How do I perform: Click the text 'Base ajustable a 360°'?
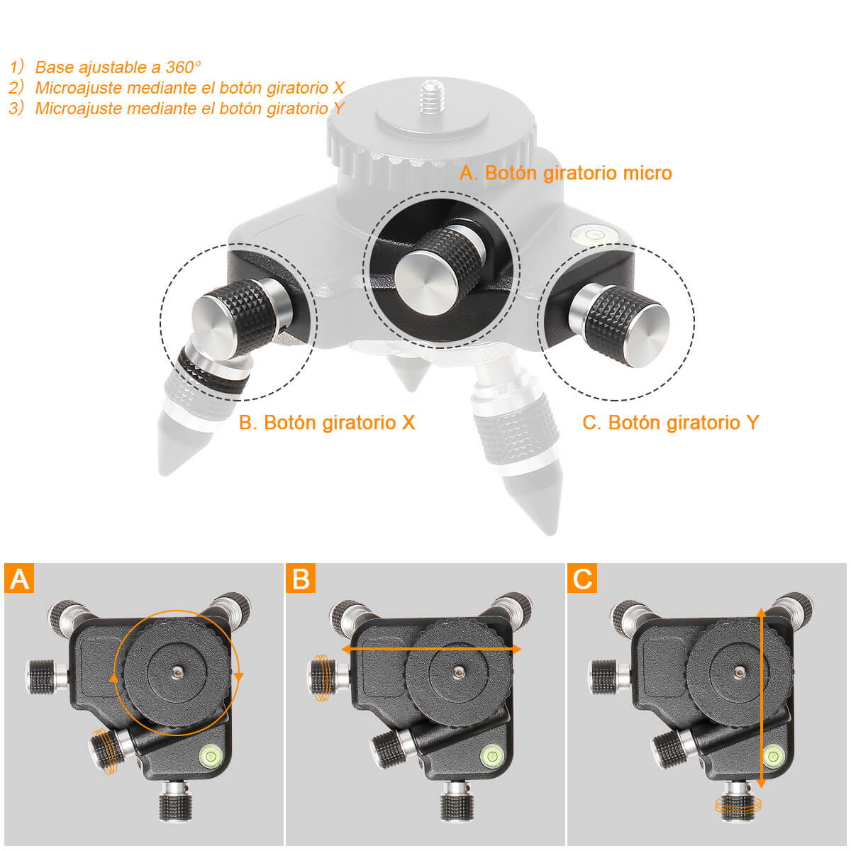(x=118, y=67)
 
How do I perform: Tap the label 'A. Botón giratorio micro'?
(x=565, y=173)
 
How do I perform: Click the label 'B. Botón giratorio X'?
(x=327, y=423)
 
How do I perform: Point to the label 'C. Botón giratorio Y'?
(x=670, y=423)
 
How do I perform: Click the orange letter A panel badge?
(x=19, y=579)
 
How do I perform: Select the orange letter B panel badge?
(x=301, y=579)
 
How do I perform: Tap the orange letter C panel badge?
(x=582, y=579)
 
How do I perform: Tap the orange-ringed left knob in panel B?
(x=323, y=679)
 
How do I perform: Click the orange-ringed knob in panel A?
(x=106, y=752)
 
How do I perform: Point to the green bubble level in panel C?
(x=772, y=755)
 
